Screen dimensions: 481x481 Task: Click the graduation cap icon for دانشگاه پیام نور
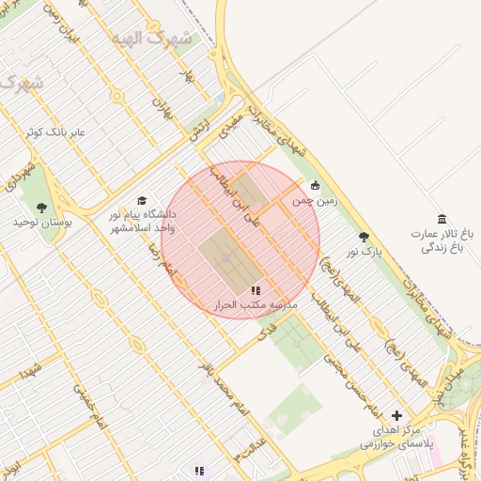click(x=142, y=200)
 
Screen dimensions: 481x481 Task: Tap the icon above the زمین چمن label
click(x=315, y=185)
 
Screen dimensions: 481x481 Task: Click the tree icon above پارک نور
click(x=365, y=238)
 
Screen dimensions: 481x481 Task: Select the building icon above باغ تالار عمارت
click(x=442, y=218)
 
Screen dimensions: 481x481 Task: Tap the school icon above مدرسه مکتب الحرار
click(x=256, y=290)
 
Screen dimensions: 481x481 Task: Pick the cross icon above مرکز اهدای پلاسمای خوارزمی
click(x=396, y=414)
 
